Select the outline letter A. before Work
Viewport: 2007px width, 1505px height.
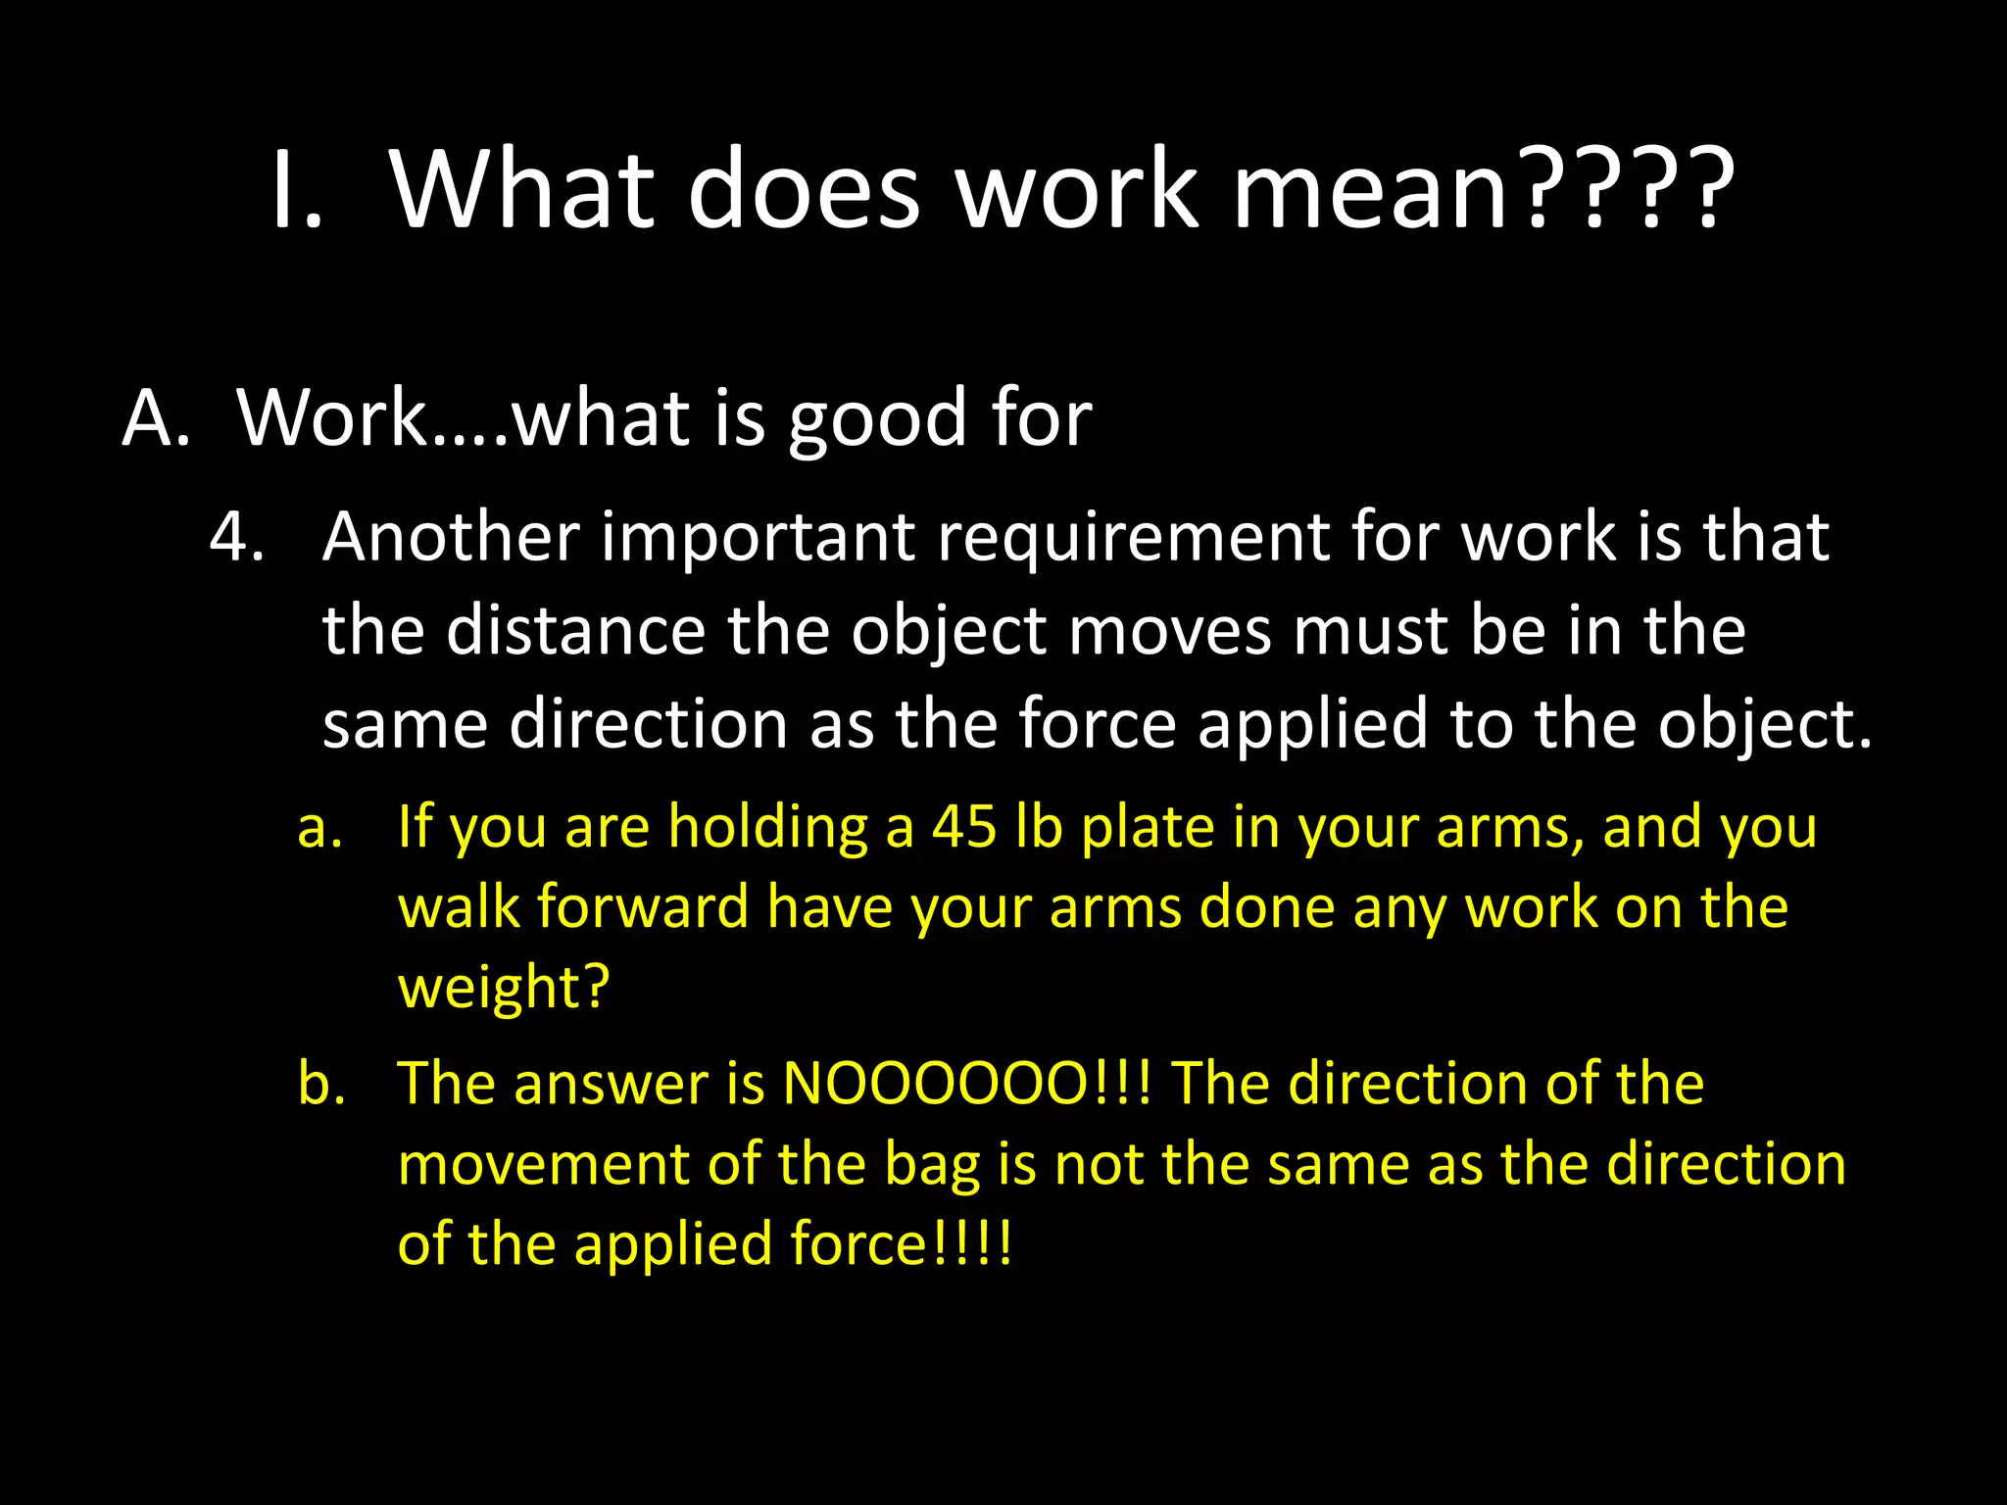[156, 418]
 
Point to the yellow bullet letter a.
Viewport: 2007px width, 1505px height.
[319, 829]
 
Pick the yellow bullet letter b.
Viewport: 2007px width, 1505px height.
[321, 1084]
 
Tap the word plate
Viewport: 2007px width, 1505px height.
[1148, 829]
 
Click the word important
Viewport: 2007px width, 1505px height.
[758, 539]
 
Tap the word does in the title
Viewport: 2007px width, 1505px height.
[804, 189]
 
